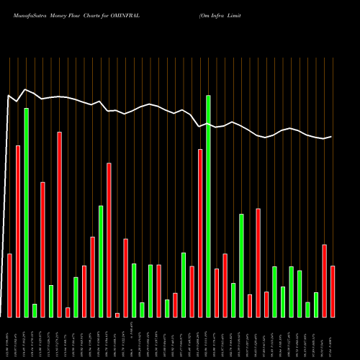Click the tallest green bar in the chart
208,206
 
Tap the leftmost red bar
10,285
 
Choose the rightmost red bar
333,292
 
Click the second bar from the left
18,231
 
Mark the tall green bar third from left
27,212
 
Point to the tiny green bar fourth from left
35,310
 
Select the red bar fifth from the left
43,249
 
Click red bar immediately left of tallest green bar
200,233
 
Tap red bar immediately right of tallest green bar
217,292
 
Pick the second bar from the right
325,281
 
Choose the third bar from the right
316,305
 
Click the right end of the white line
332,136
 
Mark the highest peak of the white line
26,89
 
